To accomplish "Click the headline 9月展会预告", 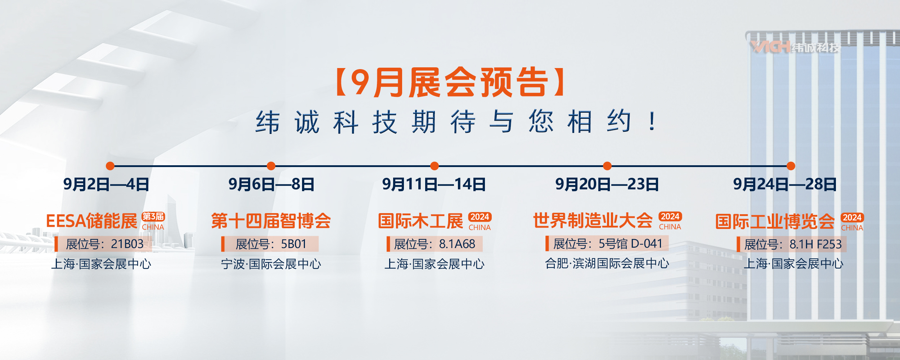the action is coord(450,82).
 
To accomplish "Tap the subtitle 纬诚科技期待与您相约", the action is coord(443,122).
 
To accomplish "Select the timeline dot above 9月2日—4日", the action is coord(110,166).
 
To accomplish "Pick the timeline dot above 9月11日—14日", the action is coord(435,166).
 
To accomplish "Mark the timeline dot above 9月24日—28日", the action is coord(791,166).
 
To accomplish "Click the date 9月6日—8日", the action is coord(271,184).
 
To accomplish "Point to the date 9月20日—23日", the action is coord(607,184).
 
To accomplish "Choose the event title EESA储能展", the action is coord(92,221).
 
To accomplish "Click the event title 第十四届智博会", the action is coord(271,221).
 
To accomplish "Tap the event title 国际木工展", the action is coord(420,221).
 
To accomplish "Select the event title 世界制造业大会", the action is coord(593,220).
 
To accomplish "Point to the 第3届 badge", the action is coord(153,216).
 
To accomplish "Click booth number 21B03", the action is coord(127,244).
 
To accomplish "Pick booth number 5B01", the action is coord(293,244).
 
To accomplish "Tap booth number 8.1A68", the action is coord(457,244).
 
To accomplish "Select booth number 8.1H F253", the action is coord(816,244).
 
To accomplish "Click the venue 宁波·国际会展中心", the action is coord(271,264).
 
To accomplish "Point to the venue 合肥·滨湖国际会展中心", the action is coord(607,264).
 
